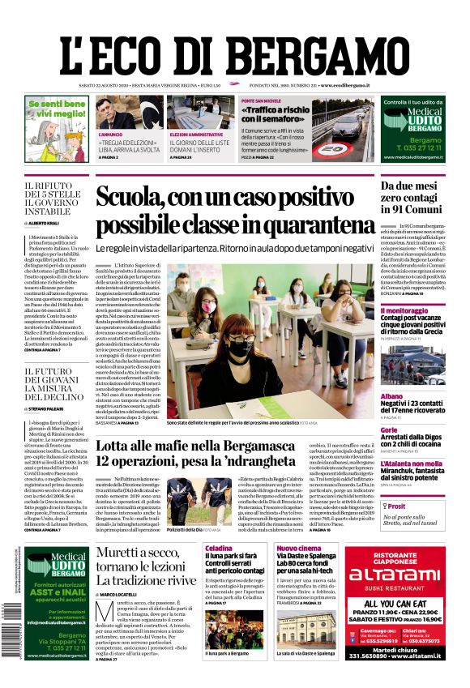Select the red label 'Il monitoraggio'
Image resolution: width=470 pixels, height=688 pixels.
tap(405, 310)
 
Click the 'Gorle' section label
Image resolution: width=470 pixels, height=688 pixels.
tap(389, 430)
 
